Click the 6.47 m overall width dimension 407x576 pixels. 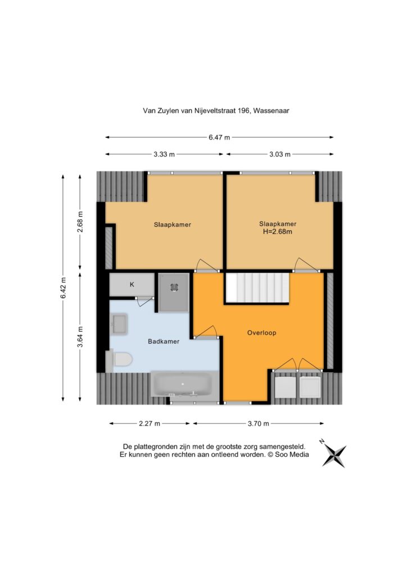point(219,137)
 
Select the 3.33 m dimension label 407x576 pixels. point(164,154)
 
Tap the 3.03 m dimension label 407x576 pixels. point(279,154)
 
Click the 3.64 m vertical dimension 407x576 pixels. point(80,336)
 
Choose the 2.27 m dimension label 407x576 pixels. point(150,424)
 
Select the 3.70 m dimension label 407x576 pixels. point(259,424)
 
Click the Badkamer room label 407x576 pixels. point(164,341)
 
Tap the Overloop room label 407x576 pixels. point(261,333)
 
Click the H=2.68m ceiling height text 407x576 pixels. point(278,232)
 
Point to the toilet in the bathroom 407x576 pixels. point(119,359)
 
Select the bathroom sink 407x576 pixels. point(119,324)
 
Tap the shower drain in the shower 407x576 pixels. point(174,287)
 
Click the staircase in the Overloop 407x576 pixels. point(257,288)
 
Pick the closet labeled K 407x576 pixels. point(132,284)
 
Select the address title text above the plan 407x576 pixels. point(216,110)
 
